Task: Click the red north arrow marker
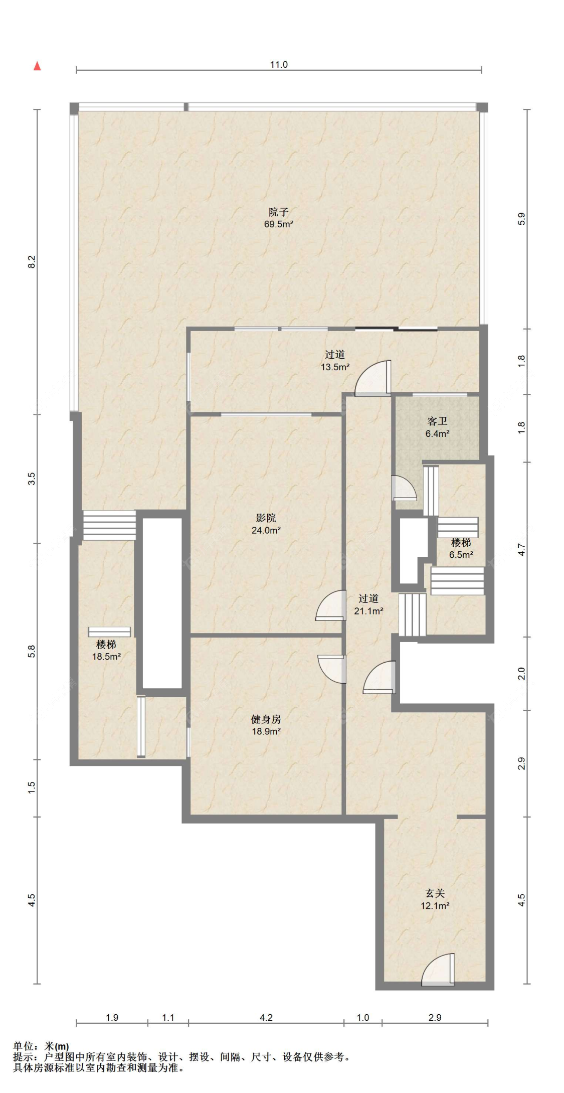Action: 37,66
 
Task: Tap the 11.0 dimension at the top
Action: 279,64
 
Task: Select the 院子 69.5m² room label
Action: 279,218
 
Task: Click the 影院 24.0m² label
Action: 266,524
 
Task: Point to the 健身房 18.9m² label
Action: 266,725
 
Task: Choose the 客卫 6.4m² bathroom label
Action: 437,427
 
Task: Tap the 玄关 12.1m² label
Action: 435,899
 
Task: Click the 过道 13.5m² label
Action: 335,361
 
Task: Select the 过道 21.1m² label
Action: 368,604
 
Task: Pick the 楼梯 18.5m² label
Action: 106,650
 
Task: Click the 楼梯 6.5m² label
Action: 461,548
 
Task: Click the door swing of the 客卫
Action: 404,488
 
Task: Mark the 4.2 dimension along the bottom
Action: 266,1017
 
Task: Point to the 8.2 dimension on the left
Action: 32,261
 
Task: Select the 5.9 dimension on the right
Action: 521,219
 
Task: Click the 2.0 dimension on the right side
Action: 521,673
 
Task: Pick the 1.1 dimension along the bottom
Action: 168,1017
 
